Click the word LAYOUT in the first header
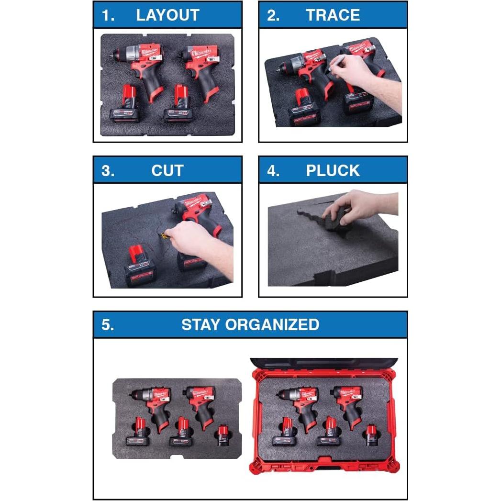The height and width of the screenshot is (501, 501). tap(167, 15)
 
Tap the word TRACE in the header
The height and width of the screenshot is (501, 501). tap(333, 15)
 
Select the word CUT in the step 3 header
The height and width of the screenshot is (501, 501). tap(167, 170)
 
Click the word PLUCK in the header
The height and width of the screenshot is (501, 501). tap(333, 170)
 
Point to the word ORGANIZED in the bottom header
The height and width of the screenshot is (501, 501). tap(272, 324)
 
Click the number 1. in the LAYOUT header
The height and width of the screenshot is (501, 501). tap(108, 15)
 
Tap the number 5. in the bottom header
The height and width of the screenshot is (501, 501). tap(108, 324)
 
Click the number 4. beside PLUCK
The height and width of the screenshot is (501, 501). tap(273, 170)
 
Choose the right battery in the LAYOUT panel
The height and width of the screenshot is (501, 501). tap(178, 106)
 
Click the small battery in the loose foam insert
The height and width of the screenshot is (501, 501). tap(222, 435)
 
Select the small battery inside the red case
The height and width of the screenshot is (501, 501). tap(371, 435)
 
